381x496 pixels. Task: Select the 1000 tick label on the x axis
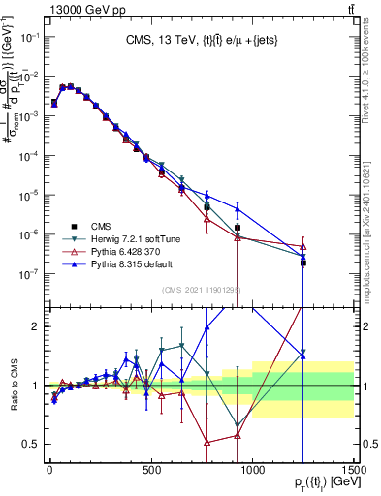click(253, 471)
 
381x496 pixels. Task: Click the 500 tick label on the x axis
click(151, 471)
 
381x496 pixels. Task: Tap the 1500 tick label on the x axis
click(354, 471)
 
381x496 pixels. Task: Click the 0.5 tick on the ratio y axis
click(32, 444)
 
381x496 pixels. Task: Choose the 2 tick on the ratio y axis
click(37, 325)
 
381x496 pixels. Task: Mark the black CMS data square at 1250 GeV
click(302, 263)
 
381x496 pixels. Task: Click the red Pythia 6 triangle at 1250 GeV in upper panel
click(302, 246)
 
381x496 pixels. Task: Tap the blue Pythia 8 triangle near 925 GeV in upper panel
click(237, 208)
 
